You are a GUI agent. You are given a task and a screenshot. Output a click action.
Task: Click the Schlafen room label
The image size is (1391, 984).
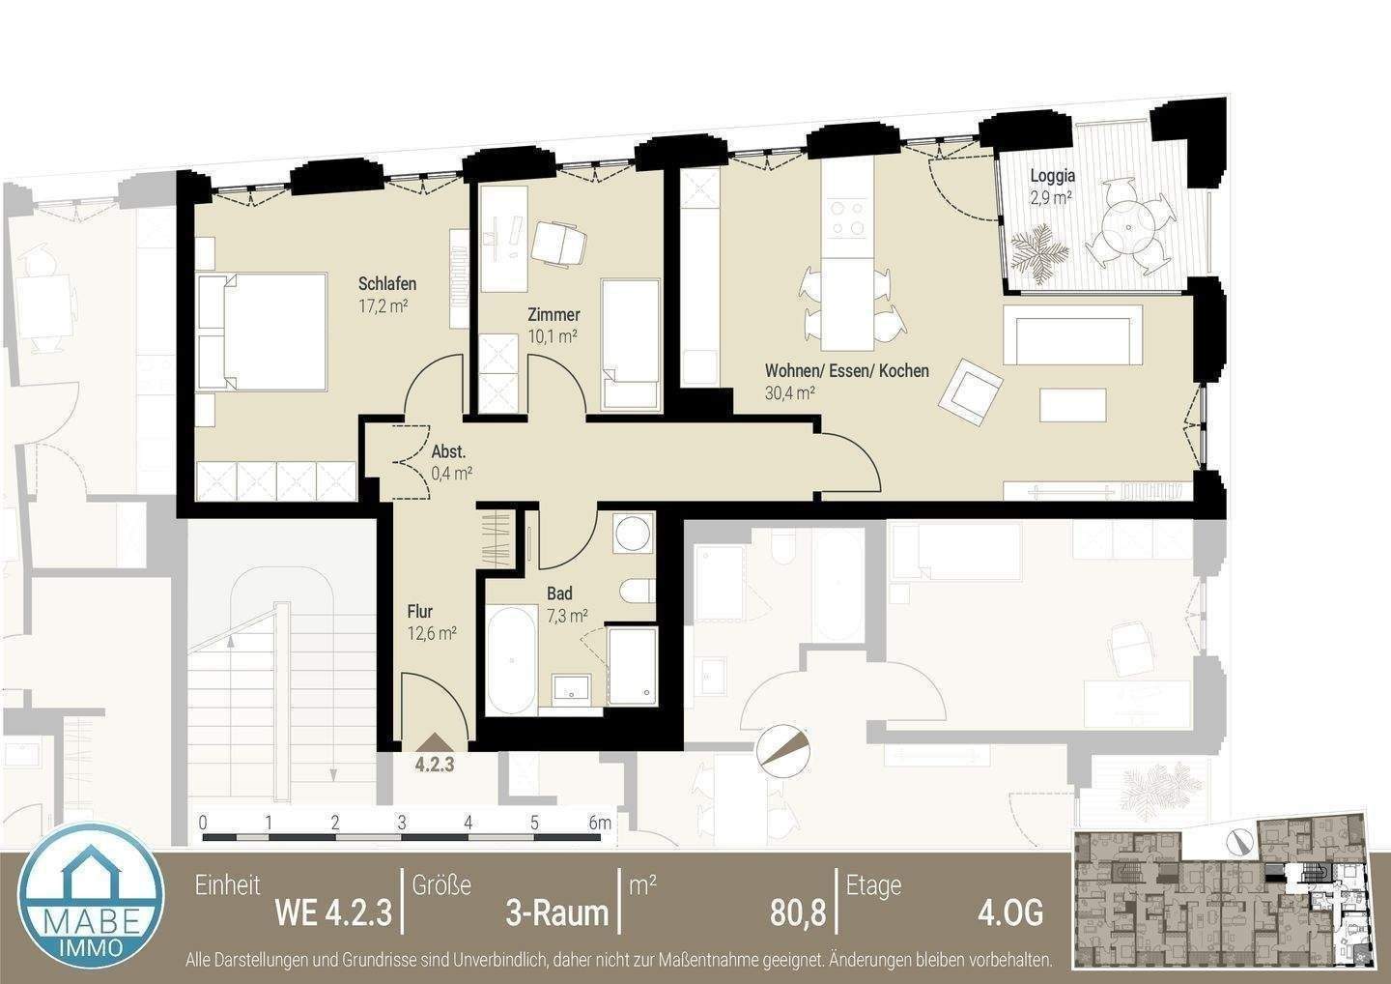[x=387, y=284]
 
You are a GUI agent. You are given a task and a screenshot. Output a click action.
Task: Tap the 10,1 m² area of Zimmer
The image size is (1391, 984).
[x=553, y=336]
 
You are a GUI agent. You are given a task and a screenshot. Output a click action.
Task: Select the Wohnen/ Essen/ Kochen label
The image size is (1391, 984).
[x=846, y=371]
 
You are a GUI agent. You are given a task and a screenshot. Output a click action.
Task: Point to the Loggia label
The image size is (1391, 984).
[x=1052, y=177]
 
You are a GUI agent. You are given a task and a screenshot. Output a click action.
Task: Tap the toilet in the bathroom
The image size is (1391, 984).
[x=638, y=591]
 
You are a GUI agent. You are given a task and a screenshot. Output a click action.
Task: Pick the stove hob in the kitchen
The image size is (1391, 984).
[x=847, y=217]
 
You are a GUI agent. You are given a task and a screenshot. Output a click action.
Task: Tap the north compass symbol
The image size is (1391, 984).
[x=783, y=749]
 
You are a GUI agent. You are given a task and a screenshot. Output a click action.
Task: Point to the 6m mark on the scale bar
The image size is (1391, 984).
[x=600, y=824]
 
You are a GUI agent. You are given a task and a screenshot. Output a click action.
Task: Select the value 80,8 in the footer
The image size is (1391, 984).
[x=798, y=912]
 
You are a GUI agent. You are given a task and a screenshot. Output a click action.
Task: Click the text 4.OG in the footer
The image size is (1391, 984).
[x=1010, y=912]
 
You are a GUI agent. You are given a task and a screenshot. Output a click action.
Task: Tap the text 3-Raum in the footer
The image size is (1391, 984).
[x=557, y=912]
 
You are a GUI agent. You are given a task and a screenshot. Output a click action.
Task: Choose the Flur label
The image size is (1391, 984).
[x=419, y=612]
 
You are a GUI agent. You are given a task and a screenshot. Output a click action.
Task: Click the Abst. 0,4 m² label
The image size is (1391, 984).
[x=450, y=462]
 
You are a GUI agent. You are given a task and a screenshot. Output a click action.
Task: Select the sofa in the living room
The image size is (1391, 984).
[x=1073, y=333]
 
